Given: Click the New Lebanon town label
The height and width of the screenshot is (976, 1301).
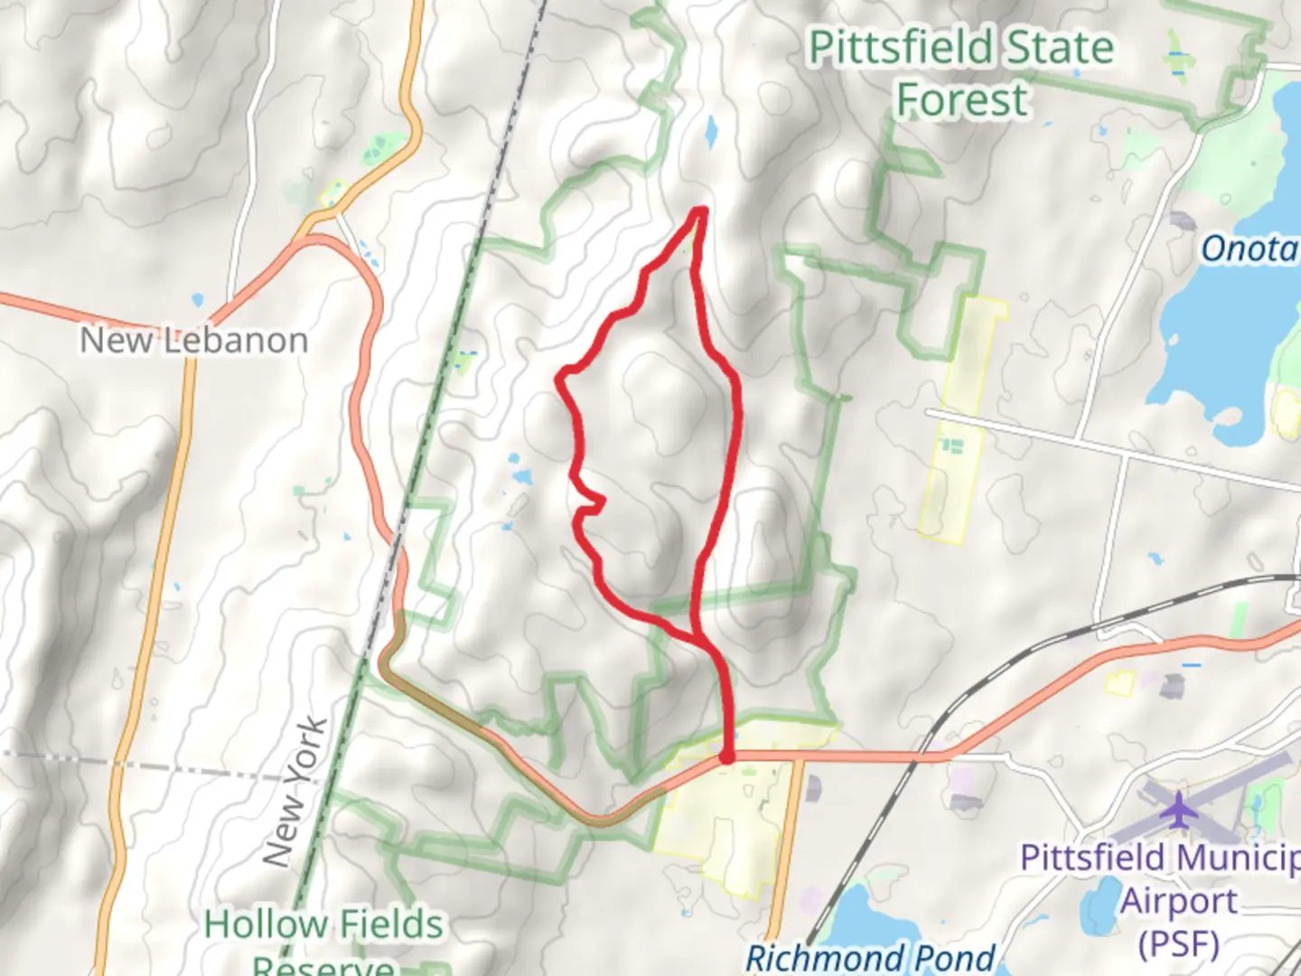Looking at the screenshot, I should pos(194,341).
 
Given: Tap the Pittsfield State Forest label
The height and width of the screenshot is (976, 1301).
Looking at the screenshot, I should pos(960,72).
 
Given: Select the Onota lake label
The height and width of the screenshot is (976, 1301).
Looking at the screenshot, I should pos(1250,249).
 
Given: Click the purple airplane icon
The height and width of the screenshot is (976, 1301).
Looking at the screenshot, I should pos(1178,809).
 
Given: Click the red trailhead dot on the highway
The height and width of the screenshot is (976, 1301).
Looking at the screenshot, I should pos(727,756).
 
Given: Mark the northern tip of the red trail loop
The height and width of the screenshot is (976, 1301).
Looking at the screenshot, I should pos(699,211).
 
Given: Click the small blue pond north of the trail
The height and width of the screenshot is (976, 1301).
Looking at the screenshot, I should pos(711,134).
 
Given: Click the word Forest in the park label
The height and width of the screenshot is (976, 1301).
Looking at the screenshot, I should pos(961,99).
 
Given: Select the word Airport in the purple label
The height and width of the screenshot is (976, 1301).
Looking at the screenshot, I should pos(1179,901).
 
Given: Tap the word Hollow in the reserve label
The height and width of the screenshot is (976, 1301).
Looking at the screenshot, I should pos(264,924).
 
